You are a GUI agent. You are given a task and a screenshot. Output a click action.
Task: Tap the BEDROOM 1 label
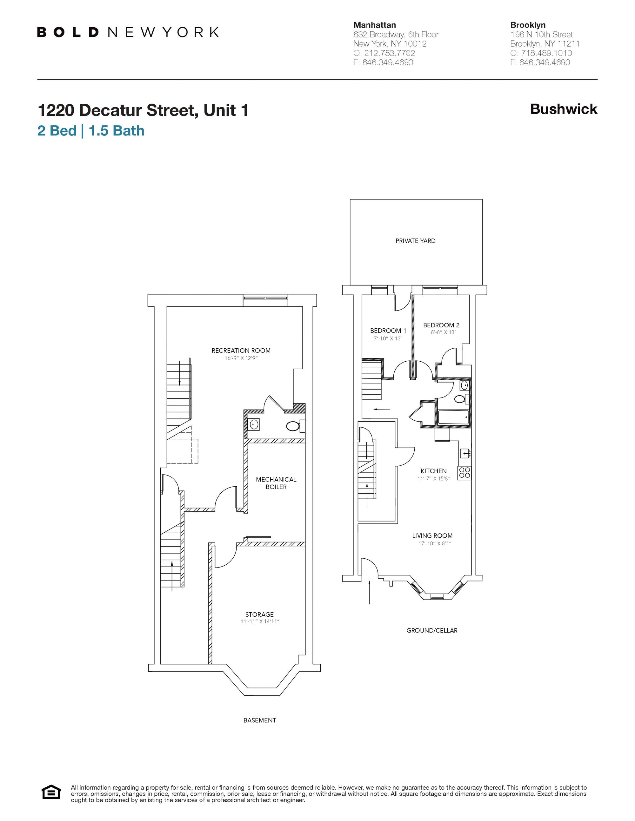(388, 331)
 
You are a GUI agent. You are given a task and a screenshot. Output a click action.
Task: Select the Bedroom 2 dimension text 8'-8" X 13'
(443, 332)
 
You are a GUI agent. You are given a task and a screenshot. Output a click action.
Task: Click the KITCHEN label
(433, 471)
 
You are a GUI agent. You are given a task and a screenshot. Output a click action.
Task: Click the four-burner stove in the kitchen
(465, 473)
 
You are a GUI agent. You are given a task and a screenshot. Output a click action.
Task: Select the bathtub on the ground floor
(453, 417)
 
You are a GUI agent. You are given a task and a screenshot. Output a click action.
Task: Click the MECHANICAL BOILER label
(276, 483)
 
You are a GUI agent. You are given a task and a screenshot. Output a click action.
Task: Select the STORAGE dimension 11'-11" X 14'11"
(260, 622)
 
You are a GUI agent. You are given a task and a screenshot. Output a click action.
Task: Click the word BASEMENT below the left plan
(260, 720)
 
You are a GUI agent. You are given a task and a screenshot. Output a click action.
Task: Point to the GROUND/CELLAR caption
(432, 630)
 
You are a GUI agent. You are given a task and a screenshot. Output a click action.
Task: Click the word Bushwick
(564, 109)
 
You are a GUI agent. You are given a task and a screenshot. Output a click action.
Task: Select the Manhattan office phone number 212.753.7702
(389, 53)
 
